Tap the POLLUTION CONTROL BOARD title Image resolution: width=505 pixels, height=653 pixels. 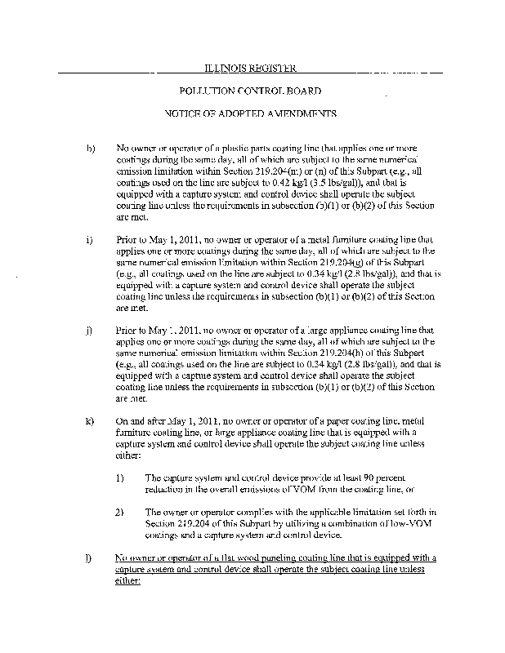click(x=250, y=91)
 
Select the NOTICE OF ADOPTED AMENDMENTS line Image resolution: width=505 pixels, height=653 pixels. click(x=252, y=116)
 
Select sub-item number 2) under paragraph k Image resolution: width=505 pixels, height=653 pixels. click(x=119, y=513)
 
